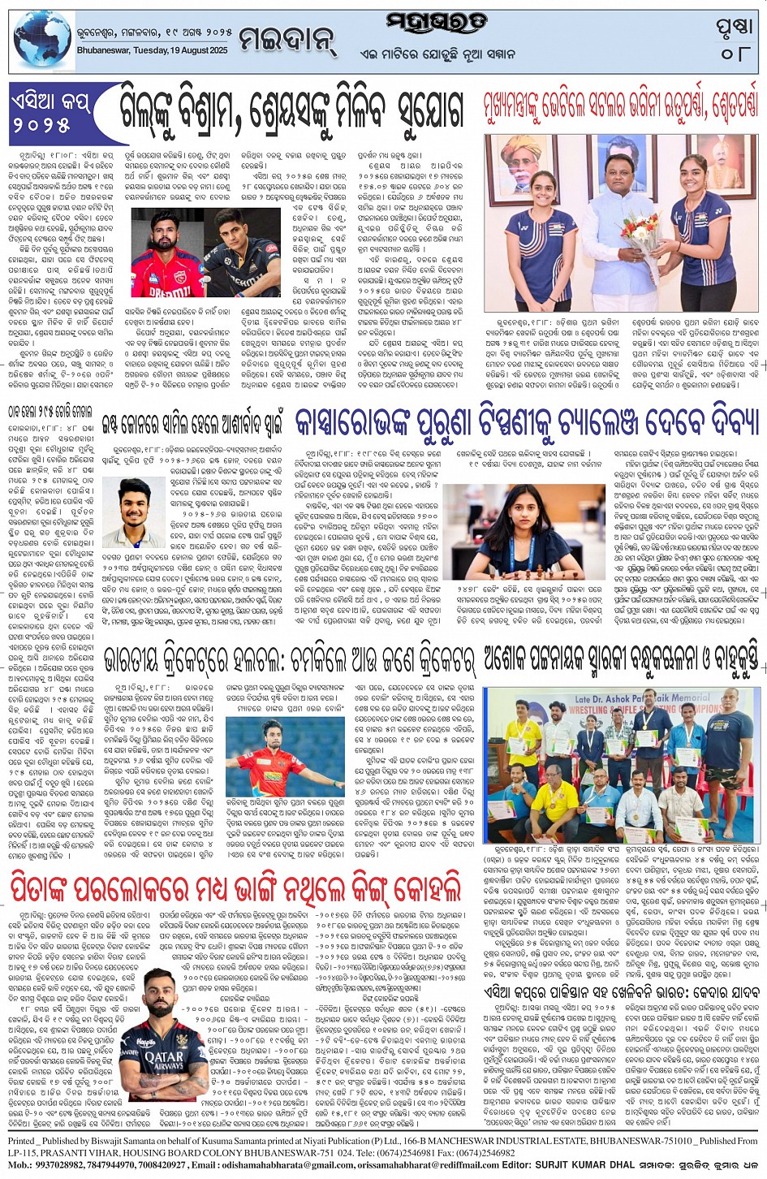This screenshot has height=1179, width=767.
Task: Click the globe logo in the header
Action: click(x=42, y=38)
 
